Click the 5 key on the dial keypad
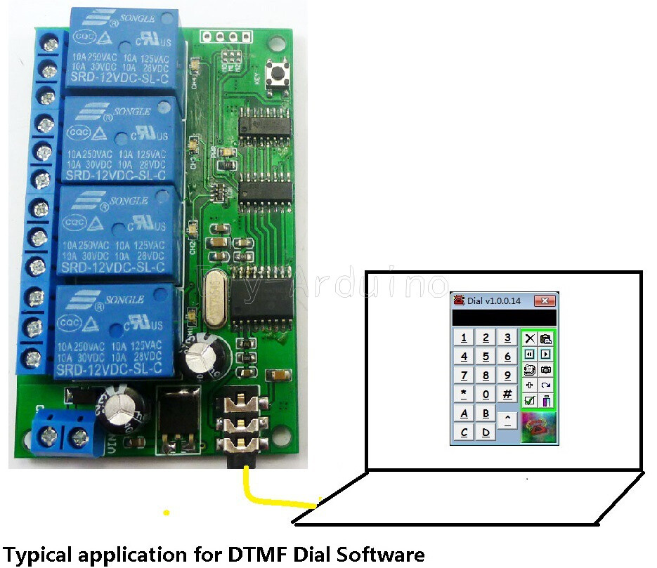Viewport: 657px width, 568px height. [x=486, y=357]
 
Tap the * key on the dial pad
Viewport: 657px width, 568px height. [x=464, y=394]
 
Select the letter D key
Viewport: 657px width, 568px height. [x=486, y=432]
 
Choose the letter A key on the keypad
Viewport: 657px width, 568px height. [x=464, y=414]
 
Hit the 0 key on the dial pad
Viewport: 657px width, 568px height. [x=486, y=394]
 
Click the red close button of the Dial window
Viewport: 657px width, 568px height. [x=545, y=301]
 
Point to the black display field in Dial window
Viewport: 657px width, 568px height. [x=503, y=317]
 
